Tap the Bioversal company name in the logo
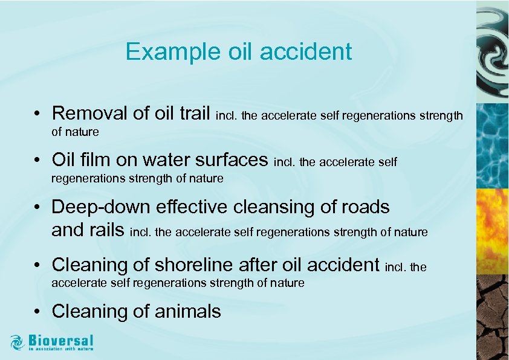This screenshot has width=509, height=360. point(60,340)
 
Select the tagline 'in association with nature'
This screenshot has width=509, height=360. point(60,349)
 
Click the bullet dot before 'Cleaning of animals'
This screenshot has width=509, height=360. point(37,312)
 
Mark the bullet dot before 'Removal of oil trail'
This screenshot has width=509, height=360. point(37,114)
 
